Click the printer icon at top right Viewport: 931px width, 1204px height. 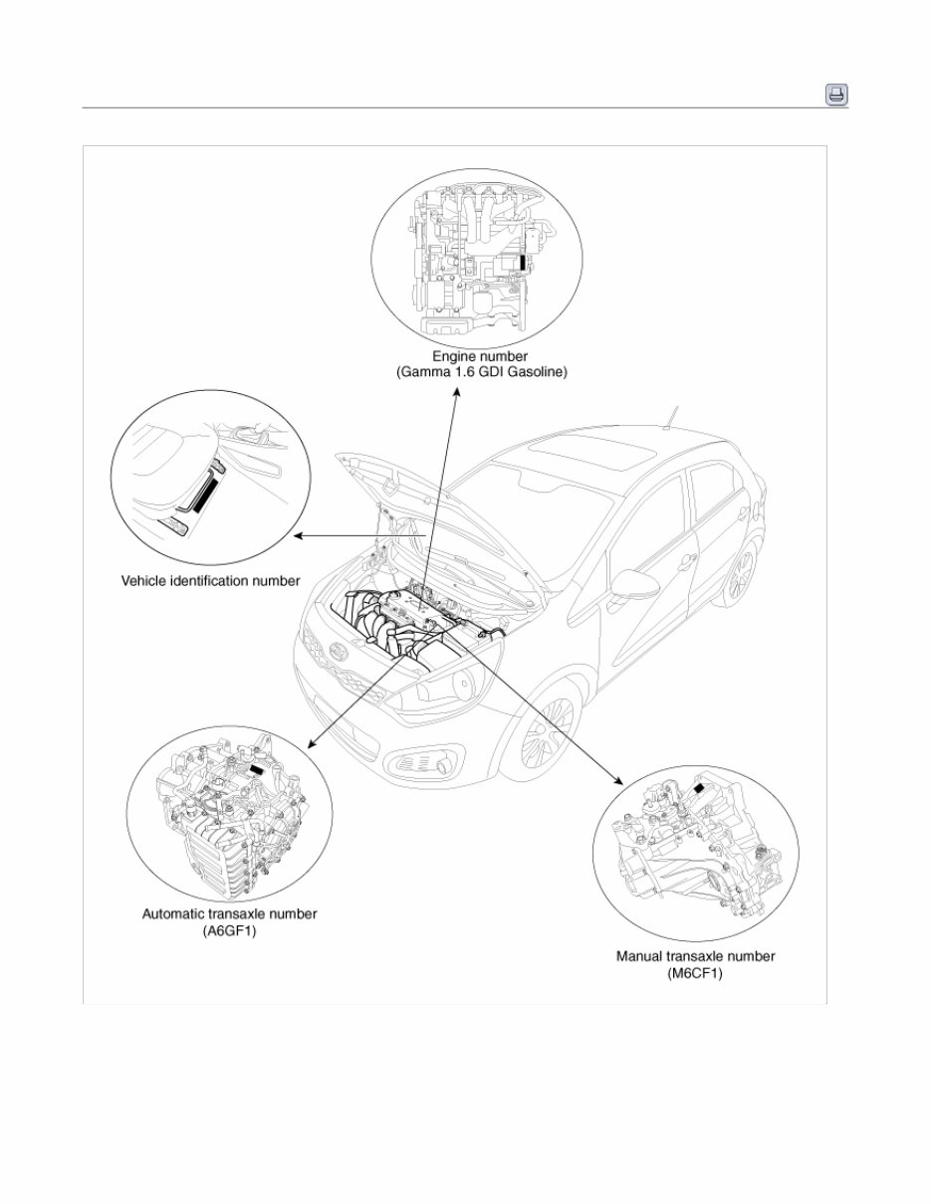coord(835,95)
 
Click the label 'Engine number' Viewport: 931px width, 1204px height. coord(479,355)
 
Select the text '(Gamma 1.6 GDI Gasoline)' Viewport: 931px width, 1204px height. coord(479,372)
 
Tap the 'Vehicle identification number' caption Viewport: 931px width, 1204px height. coord(210,580)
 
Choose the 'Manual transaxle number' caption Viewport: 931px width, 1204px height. coord(695,956)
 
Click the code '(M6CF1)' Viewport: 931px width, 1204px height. coord(695,974)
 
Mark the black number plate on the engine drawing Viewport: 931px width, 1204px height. coord(525,262)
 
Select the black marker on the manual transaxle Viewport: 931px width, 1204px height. coord(702,787)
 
